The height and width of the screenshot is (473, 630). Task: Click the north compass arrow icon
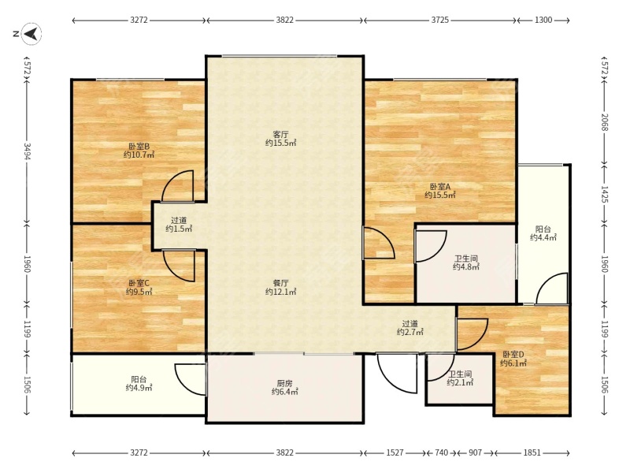(x=31, y=33)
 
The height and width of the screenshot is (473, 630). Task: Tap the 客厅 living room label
(x=280, y=139)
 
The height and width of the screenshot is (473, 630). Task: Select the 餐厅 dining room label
(x=280, y=287)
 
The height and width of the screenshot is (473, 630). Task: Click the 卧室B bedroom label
(x=139, y=151)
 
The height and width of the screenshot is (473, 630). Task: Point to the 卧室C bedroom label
(x=139, y=287)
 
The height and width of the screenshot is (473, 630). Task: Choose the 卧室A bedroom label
(x=440, y=191)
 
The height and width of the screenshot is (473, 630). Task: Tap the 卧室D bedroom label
(x=513, y=359)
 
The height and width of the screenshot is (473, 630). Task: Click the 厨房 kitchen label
(x=284, y=387)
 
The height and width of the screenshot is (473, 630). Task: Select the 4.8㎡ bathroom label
(x=466, y=263)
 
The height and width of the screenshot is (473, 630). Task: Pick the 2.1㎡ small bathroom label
(x=460, y=378)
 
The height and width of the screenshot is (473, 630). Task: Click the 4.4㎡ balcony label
(x=543, y=233)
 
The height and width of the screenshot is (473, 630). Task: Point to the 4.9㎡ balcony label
(x=139, y=383)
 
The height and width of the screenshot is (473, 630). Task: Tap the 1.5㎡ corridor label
(x=179, y=225)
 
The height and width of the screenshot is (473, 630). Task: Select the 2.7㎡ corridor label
(x=409, y=327)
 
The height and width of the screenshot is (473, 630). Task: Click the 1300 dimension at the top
(x=543, y=20)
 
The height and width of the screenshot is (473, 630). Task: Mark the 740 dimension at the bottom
(x=441, y=453)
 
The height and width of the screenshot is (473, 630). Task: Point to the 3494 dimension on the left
(x=28, y=151)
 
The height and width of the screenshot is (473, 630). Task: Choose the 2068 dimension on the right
(x=605, y=122)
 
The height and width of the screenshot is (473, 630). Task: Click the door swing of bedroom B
(x=178, y=185)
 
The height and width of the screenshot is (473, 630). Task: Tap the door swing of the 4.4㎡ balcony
(x=552, y=288)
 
